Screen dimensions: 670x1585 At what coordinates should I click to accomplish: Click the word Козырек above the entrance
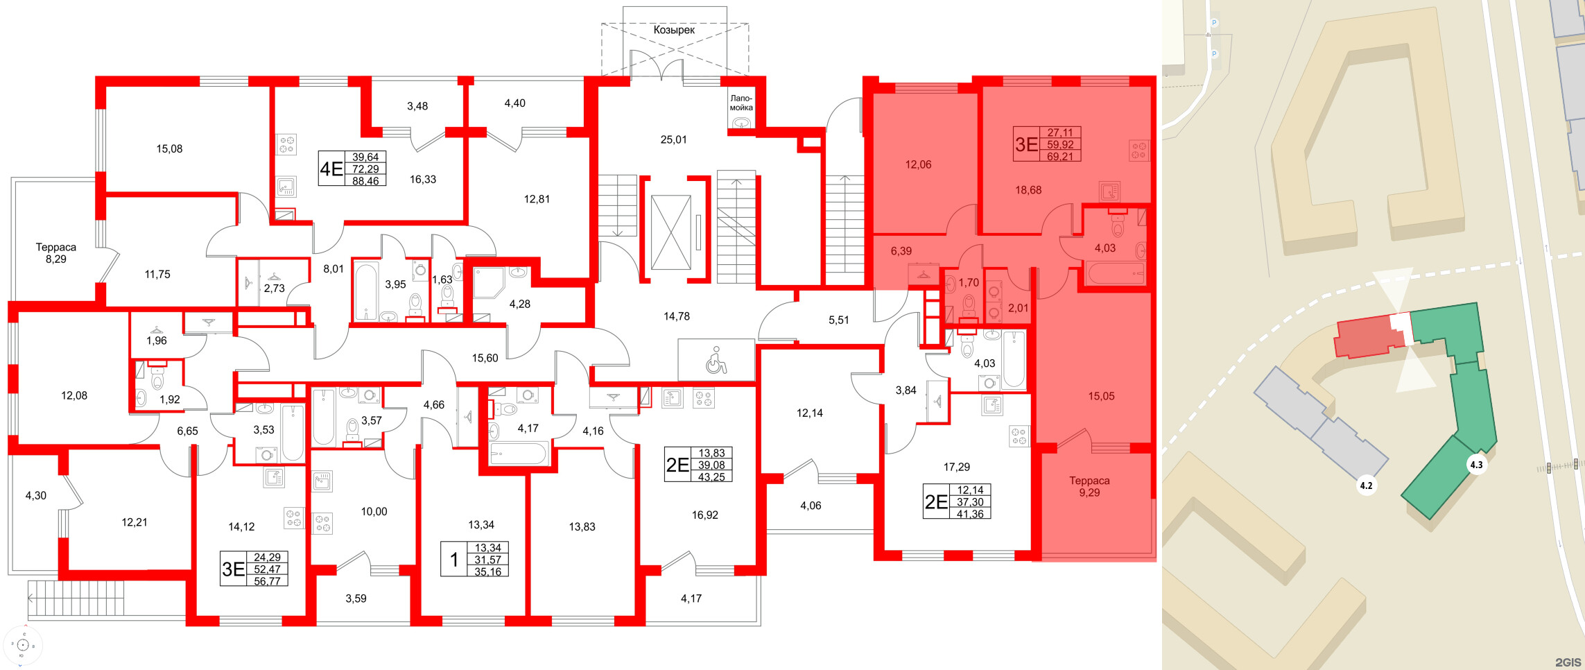point(674,30)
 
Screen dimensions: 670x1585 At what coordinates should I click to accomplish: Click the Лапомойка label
point(741,103)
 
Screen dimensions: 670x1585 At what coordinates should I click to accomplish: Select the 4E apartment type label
point(331,169)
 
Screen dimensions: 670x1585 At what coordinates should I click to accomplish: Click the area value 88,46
point(365,181)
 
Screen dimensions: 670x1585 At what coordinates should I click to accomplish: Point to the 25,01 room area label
point(673,139)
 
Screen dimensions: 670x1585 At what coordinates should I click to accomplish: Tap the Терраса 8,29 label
point(56,253)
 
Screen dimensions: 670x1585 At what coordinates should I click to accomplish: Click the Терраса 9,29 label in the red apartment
point(1089,486)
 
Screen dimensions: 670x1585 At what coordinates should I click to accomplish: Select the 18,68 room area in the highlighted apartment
point(1028,190)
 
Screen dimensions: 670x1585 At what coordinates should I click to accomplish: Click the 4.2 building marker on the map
point(1366,486)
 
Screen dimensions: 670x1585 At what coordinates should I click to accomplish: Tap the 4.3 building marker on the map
point(1476,465)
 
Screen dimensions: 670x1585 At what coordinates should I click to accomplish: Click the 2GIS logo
point(1568,662)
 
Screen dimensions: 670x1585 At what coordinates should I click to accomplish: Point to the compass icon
point(23,645)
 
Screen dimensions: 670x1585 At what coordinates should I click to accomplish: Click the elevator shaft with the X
point(671,232)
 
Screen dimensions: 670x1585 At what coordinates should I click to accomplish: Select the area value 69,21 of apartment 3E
point(1060,157)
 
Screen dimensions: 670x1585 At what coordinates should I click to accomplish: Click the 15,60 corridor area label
point(485,358)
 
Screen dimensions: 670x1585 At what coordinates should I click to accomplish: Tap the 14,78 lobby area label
point(677,316)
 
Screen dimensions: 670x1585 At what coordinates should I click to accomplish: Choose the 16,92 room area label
point(705,515)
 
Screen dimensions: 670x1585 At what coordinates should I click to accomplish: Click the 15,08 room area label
point(169,148)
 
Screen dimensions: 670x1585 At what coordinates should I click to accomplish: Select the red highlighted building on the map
point(1362,338)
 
